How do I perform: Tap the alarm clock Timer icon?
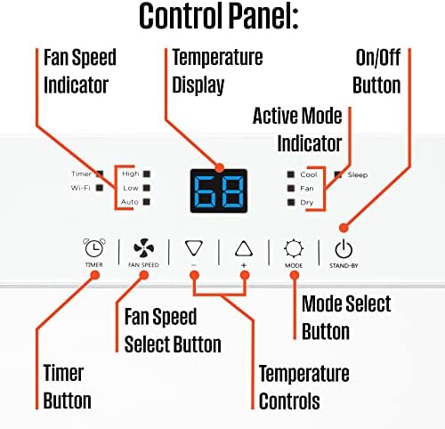click(x=94, y=247)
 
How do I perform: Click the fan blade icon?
click(x=144, y=247)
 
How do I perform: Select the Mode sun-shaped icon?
click(x=294, y=248)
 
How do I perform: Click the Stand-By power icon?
click(x=344, y=249)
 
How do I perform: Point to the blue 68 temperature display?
click(x=219, y=191)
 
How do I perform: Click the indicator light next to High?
click(x=147, y=174)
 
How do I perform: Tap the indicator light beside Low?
click(x=147, y=188)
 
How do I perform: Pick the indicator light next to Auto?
click(x=147, y=202)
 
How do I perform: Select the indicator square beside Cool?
click(x=291, y=174)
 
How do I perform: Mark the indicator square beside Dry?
click(x=291, y=202)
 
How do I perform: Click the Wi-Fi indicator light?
click(x=100, y=188)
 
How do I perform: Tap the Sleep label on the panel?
click(x=358, y=174)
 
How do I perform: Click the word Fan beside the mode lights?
click(x=307, y=189)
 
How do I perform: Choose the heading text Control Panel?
click(x=219, y=16)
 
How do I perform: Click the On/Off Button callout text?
click(x=377, y=71)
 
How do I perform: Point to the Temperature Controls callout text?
click(x=304, y=387)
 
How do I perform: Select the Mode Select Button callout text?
click(x=346, y=318)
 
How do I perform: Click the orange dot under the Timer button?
click(x=95, y=275)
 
